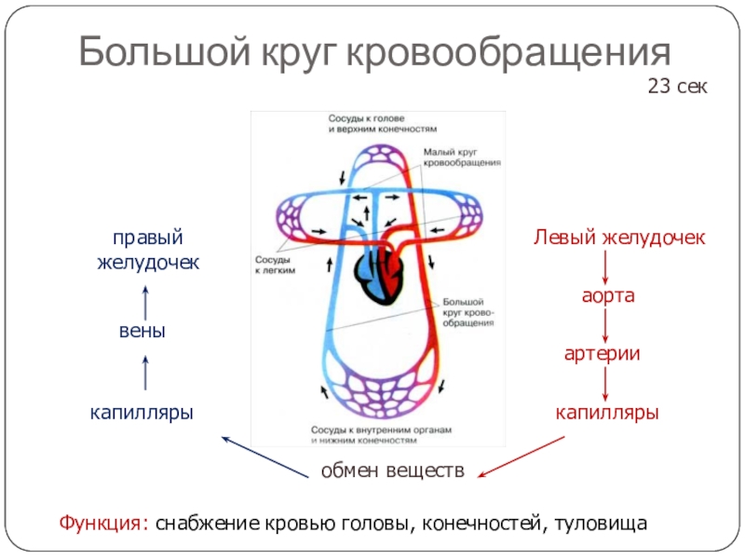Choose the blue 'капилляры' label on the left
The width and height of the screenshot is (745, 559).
(x=142, y=411)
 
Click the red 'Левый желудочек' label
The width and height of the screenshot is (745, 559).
(x=619, y=239)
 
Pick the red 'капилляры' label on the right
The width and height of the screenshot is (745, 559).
(x=607, y=411)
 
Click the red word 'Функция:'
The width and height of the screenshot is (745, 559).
(x=102, y=524)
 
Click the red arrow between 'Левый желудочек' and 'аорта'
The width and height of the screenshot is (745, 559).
(x=607, y=267)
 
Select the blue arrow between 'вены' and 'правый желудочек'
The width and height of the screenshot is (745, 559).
(x=145, y=302)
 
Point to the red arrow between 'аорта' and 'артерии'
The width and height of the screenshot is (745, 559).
(x=607, y=325)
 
